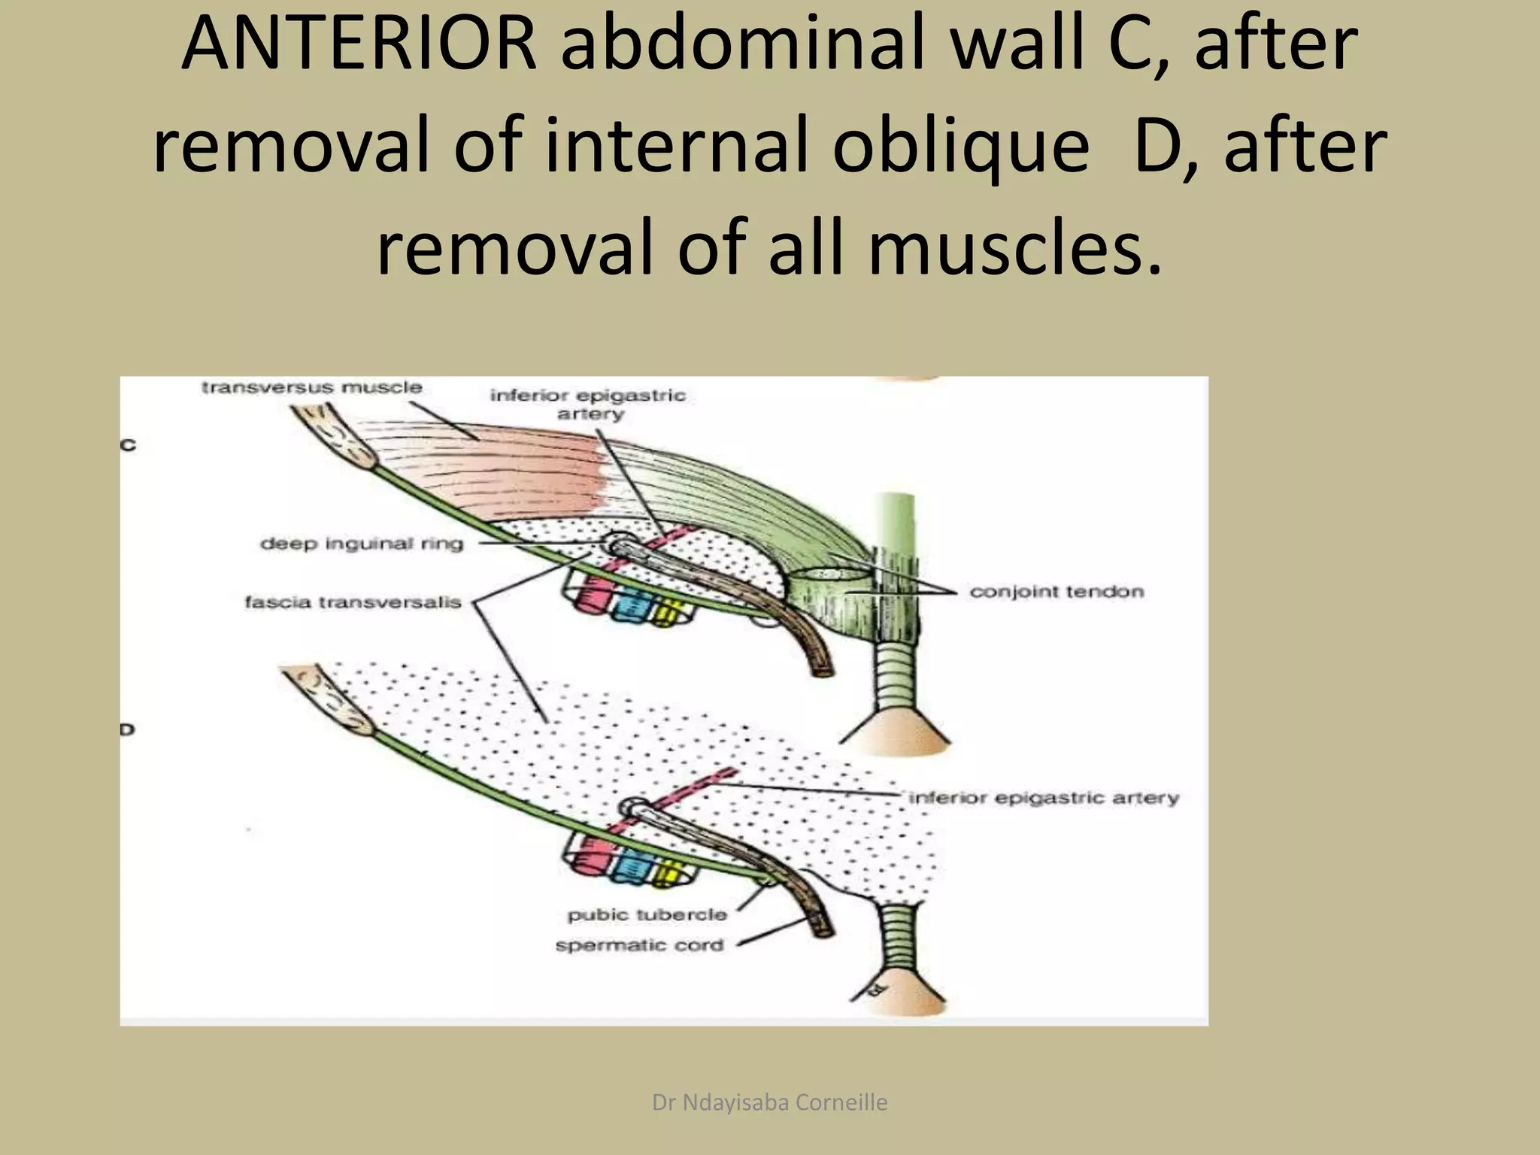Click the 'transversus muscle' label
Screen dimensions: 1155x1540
[x=311, y=388]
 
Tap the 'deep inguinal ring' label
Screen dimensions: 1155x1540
[x=362, y=544]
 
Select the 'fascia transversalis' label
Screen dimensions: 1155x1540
[x=353, y=602]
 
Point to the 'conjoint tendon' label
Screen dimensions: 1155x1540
[x=1056, y=592]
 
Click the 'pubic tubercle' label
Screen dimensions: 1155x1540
[x=647, y=915]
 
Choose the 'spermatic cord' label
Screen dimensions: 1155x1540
[x=639, y=945]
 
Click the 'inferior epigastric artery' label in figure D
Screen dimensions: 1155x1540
[x=1044, y=798]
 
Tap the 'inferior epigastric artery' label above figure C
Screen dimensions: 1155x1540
[x=588, y=404]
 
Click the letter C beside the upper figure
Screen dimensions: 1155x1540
[x=129, y=445]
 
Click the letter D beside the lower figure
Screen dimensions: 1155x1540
[x=128, y=729]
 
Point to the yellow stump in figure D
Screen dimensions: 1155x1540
[x=665, y=874]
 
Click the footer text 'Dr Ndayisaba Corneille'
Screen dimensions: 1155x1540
[x=769, y=1102]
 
